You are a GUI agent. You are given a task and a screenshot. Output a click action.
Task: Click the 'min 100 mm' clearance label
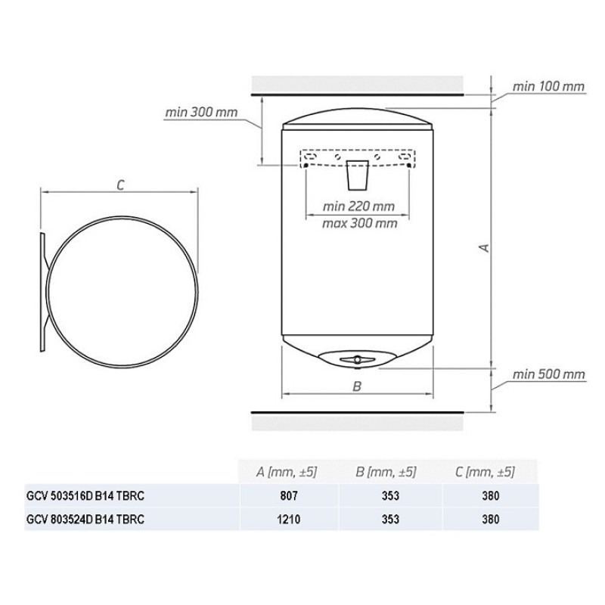pyautogui.click(x=548, y=86)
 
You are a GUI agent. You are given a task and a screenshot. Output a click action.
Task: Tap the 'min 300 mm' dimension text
pyautogui.click(x=201, y=112)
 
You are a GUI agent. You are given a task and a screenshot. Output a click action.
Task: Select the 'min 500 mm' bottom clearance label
pyautogui.click(x=548, y=374)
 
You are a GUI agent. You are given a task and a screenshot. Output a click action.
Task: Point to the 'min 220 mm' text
pyautogui.click(x=358, y=206)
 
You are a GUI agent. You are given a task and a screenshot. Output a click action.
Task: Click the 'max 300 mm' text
pyautogui.click(x=360, y=223)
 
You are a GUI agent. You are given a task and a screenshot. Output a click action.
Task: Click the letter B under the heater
pyautogui.click(x=357, y=386)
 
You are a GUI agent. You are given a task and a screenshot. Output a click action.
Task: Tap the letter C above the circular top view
pyautogui.click(x=120, y=185)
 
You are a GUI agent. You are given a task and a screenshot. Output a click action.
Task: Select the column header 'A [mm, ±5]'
pyautogui.click(x=287, y=472)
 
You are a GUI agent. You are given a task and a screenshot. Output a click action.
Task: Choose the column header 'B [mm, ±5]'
pyautogui.click(x=386, y=472)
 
